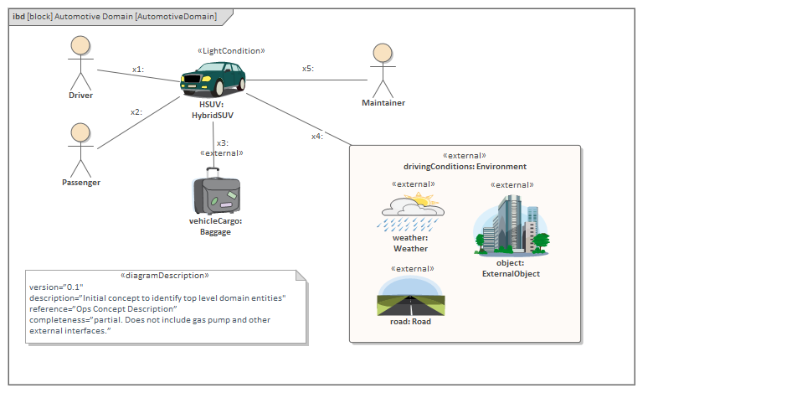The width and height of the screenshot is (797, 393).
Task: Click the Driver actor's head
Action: pos(80,45)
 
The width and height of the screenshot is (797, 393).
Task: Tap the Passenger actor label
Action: pos(80,182)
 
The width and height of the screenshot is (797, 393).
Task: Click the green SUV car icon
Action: pos(213,80)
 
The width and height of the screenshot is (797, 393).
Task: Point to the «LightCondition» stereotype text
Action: pos(231,51)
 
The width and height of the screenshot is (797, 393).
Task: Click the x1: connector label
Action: pos(138,70)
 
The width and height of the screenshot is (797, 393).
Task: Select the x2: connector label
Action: pos(136,111)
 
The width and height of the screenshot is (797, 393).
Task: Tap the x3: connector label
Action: pos(222,143)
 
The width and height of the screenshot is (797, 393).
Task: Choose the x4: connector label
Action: pos(317,136)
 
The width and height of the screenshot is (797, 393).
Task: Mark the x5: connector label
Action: pos(308,69)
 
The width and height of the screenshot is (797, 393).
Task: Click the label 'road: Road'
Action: pos(410,322)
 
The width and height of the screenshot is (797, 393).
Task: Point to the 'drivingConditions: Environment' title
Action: pos(465,167)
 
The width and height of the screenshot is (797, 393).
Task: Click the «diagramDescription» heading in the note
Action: pos(165,275)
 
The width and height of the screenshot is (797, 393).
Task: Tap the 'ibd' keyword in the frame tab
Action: pos(18,17)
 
